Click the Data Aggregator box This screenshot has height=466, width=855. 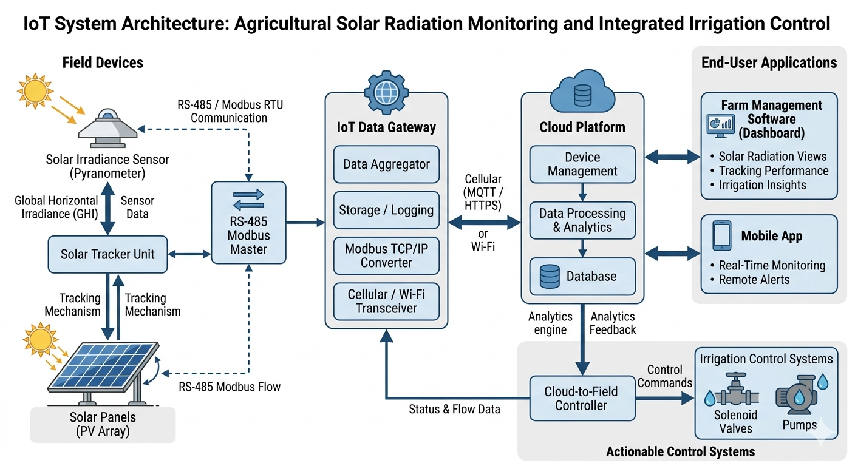(386, 164)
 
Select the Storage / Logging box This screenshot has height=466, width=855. (386, 211)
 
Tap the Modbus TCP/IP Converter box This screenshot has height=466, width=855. (386, 255)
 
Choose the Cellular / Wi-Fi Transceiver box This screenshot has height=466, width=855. (386, 302)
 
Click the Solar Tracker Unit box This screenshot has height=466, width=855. (107, 254)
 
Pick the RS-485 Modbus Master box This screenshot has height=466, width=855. (248, 221)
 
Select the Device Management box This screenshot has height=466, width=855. (582, 164)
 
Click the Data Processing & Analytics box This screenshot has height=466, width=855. (582, 220)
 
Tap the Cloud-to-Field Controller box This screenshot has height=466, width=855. (581, 398)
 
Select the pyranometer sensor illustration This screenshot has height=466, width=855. (107, 129)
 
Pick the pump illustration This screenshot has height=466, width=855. (796, 394)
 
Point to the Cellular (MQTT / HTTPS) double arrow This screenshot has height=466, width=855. (484, 223)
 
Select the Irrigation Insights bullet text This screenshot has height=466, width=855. (762, 185)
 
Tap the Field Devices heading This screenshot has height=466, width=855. (103, 62)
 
